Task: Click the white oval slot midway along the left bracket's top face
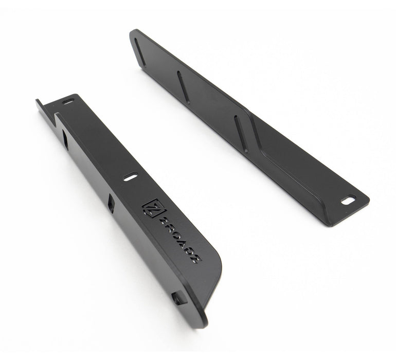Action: click(x=130, y=177)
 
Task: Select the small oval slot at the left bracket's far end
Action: click(x=68, y=102)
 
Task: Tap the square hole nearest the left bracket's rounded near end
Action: click(x=178, y=299)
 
